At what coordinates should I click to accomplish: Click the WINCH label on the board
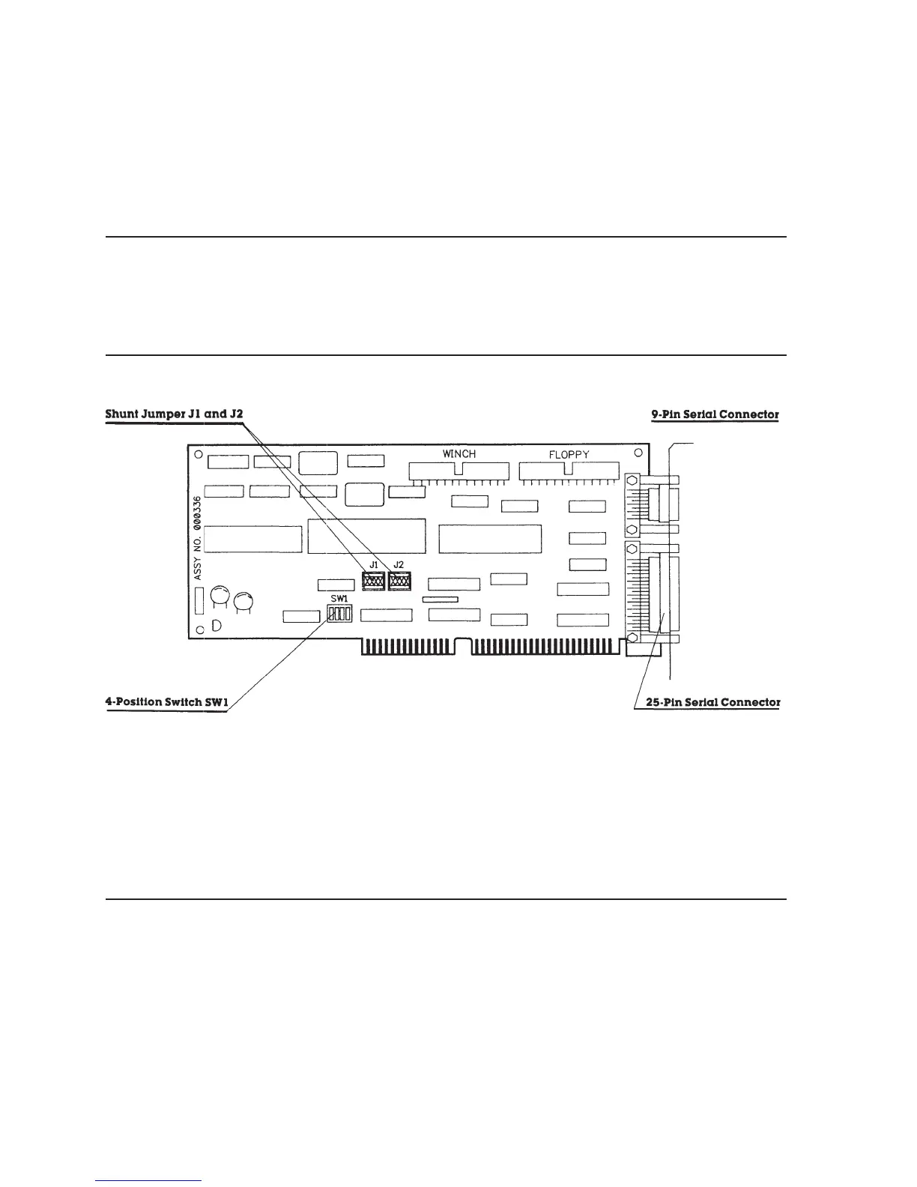458,454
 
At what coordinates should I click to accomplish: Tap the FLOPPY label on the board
569,455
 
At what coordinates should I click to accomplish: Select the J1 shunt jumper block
372,580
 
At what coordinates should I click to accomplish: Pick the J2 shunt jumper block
399,580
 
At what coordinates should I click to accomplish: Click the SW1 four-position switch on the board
339,614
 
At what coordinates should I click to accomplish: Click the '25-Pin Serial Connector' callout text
712,703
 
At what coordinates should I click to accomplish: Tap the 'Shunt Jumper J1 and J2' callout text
175,414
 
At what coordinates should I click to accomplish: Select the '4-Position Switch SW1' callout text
166,703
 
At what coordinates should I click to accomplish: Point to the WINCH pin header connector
458,472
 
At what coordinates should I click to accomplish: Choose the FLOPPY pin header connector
569,472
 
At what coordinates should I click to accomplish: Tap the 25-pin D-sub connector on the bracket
663,592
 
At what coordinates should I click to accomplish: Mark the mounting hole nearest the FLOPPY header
638,453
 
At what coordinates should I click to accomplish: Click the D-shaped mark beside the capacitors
216,626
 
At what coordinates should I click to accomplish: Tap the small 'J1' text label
372,564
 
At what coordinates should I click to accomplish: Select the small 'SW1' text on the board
339,599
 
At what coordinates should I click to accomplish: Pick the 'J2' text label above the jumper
399,564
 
